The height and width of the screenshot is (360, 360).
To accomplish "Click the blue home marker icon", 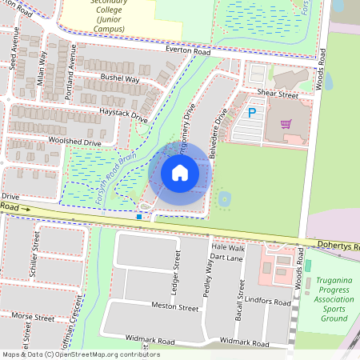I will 180,172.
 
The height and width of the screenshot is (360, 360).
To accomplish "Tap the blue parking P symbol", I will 252,114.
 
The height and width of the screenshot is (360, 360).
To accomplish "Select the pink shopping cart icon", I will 286,123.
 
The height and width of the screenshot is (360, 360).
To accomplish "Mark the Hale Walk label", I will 228,249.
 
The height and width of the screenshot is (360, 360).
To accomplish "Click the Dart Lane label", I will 226,259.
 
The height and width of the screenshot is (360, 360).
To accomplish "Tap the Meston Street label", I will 176,307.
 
